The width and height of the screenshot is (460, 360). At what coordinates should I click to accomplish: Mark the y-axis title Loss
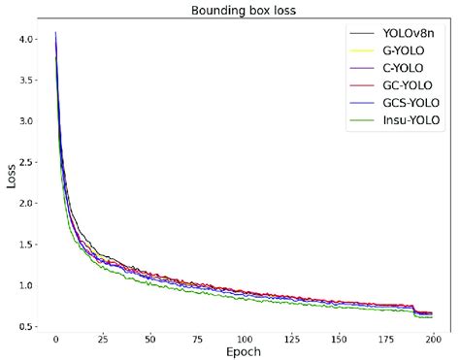pyautogui.click(x=11, y=178)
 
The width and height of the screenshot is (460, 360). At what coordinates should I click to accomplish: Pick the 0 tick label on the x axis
pyautogui.click(x=56, y=339)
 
